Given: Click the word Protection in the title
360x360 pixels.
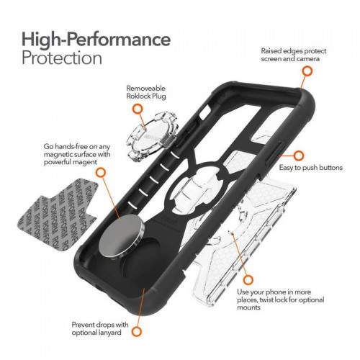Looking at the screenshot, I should coord(61,57).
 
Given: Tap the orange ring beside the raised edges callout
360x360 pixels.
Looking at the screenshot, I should coord(307,71).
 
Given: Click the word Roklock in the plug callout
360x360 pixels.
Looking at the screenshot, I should coord(140,92).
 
